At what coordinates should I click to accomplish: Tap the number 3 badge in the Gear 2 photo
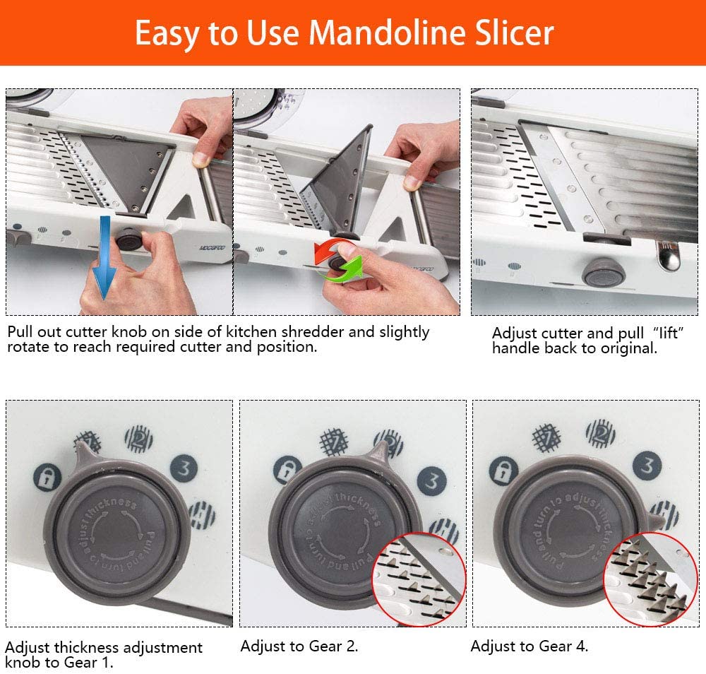431,480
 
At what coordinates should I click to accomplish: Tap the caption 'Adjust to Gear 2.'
299,646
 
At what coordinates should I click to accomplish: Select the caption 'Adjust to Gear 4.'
529,646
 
